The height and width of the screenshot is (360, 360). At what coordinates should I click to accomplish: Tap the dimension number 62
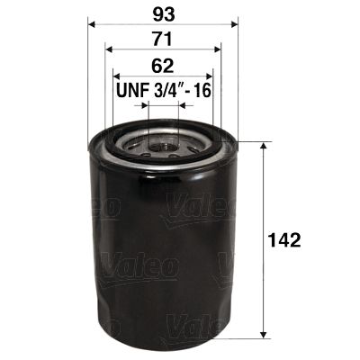162,66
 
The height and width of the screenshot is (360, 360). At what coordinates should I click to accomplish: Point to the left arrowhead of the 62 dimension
116,76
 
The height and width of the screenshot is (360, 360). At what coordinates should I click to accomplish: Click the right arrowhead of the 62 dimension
211,76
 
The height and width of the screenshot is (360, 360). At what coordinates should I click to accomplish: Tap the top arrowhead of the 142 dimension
262,146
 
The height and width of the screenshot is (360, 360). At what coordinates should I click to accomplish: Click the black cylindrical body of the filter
163,252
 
